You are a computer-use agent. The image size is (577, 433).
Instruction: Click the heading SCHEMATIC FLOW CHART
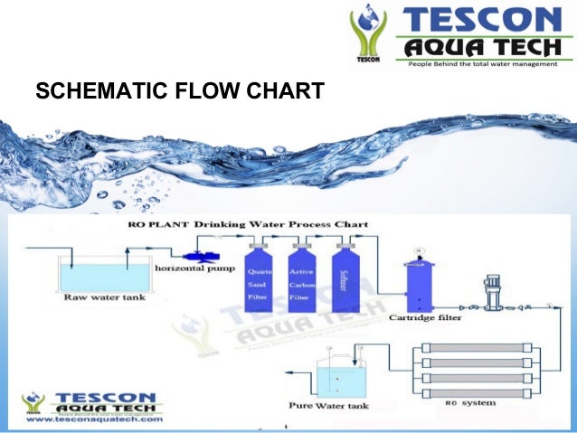coord(178,92)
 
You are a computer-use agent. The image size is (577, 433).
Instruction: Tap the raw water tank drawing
coord(94,272)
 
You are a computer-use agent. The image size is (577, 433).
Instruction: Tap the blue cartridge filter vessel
coord(420,286)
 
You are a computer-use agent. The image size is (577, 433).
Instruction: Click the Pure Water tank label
coord(328,406)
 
